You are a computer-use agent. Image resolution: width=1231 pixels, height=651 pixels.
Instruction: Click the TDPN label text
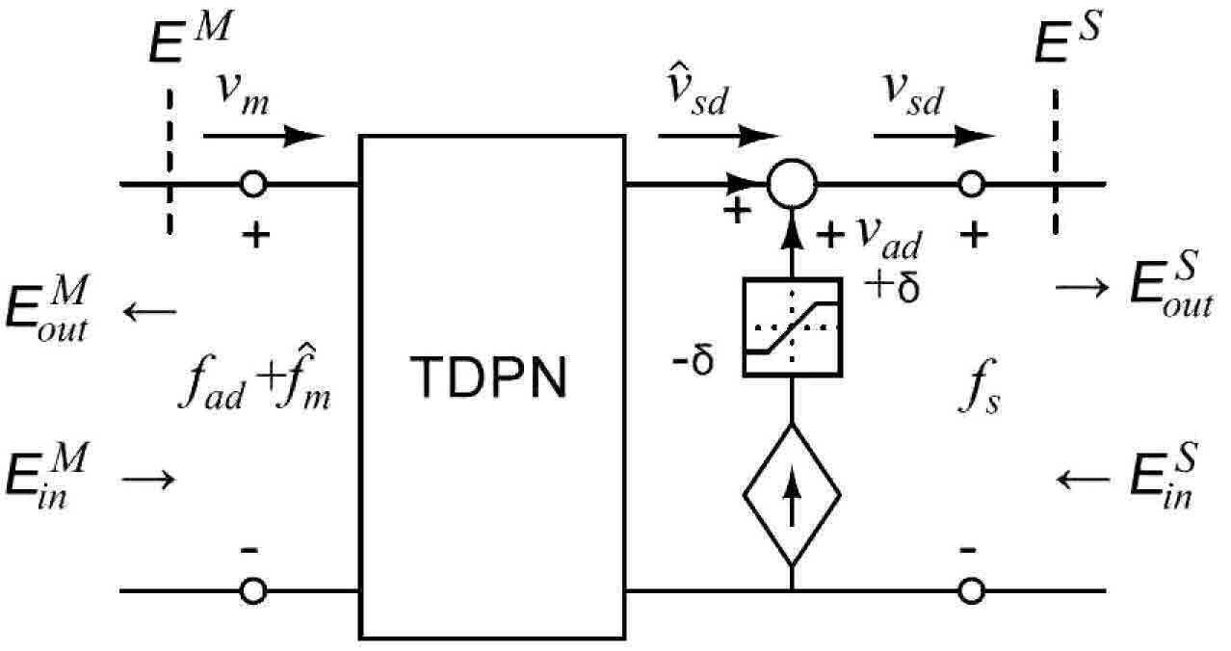click(x=488, y=377)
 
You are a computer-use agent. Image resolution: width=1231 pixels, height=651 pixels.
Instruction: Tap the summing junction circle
click(x=792, y=161)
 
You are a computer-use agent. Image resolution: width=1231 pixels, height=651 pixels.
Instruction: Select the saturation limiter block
click(x=793, y=327)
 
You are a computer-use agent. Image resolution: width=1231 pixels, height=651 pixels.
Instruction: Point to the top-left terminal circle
click(x=253, y=172)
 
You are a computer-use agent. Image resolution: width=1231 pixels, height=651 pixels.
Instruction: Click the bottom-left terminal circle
click(x=253, y=580)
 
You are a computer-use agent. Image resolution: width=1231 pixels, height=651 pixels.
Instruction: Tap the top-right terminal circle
click(x=971, y=172)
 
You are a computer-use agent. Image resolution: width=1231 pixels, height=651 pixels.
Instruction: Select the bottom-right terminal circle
click(x=971, y=580)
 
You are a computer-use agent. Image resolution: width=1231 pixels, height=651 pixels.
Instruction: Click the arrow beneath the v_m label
click(x=264, y=136)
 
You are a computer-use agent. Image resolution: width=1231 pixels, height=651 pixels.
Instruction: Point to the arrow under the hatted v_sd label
click(x=719, y=136)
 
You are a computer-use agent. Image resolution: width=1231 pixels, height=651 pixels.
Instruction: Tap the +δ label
click(x=891, y=287)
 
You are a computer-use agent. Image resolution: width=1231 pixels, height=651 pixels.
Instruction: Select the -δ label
click(x=693, y=360)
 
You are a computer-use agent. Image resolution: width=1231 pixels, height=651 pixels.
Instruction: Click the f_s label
click(x=980, y=387)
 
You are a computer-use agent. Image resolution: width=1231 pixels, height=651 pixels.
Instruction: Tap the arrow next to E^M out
click(x=149, y=312)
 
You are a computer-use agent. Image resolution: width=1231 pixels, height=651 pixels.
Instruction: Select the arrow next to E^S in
click(x=1084, y=480)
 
